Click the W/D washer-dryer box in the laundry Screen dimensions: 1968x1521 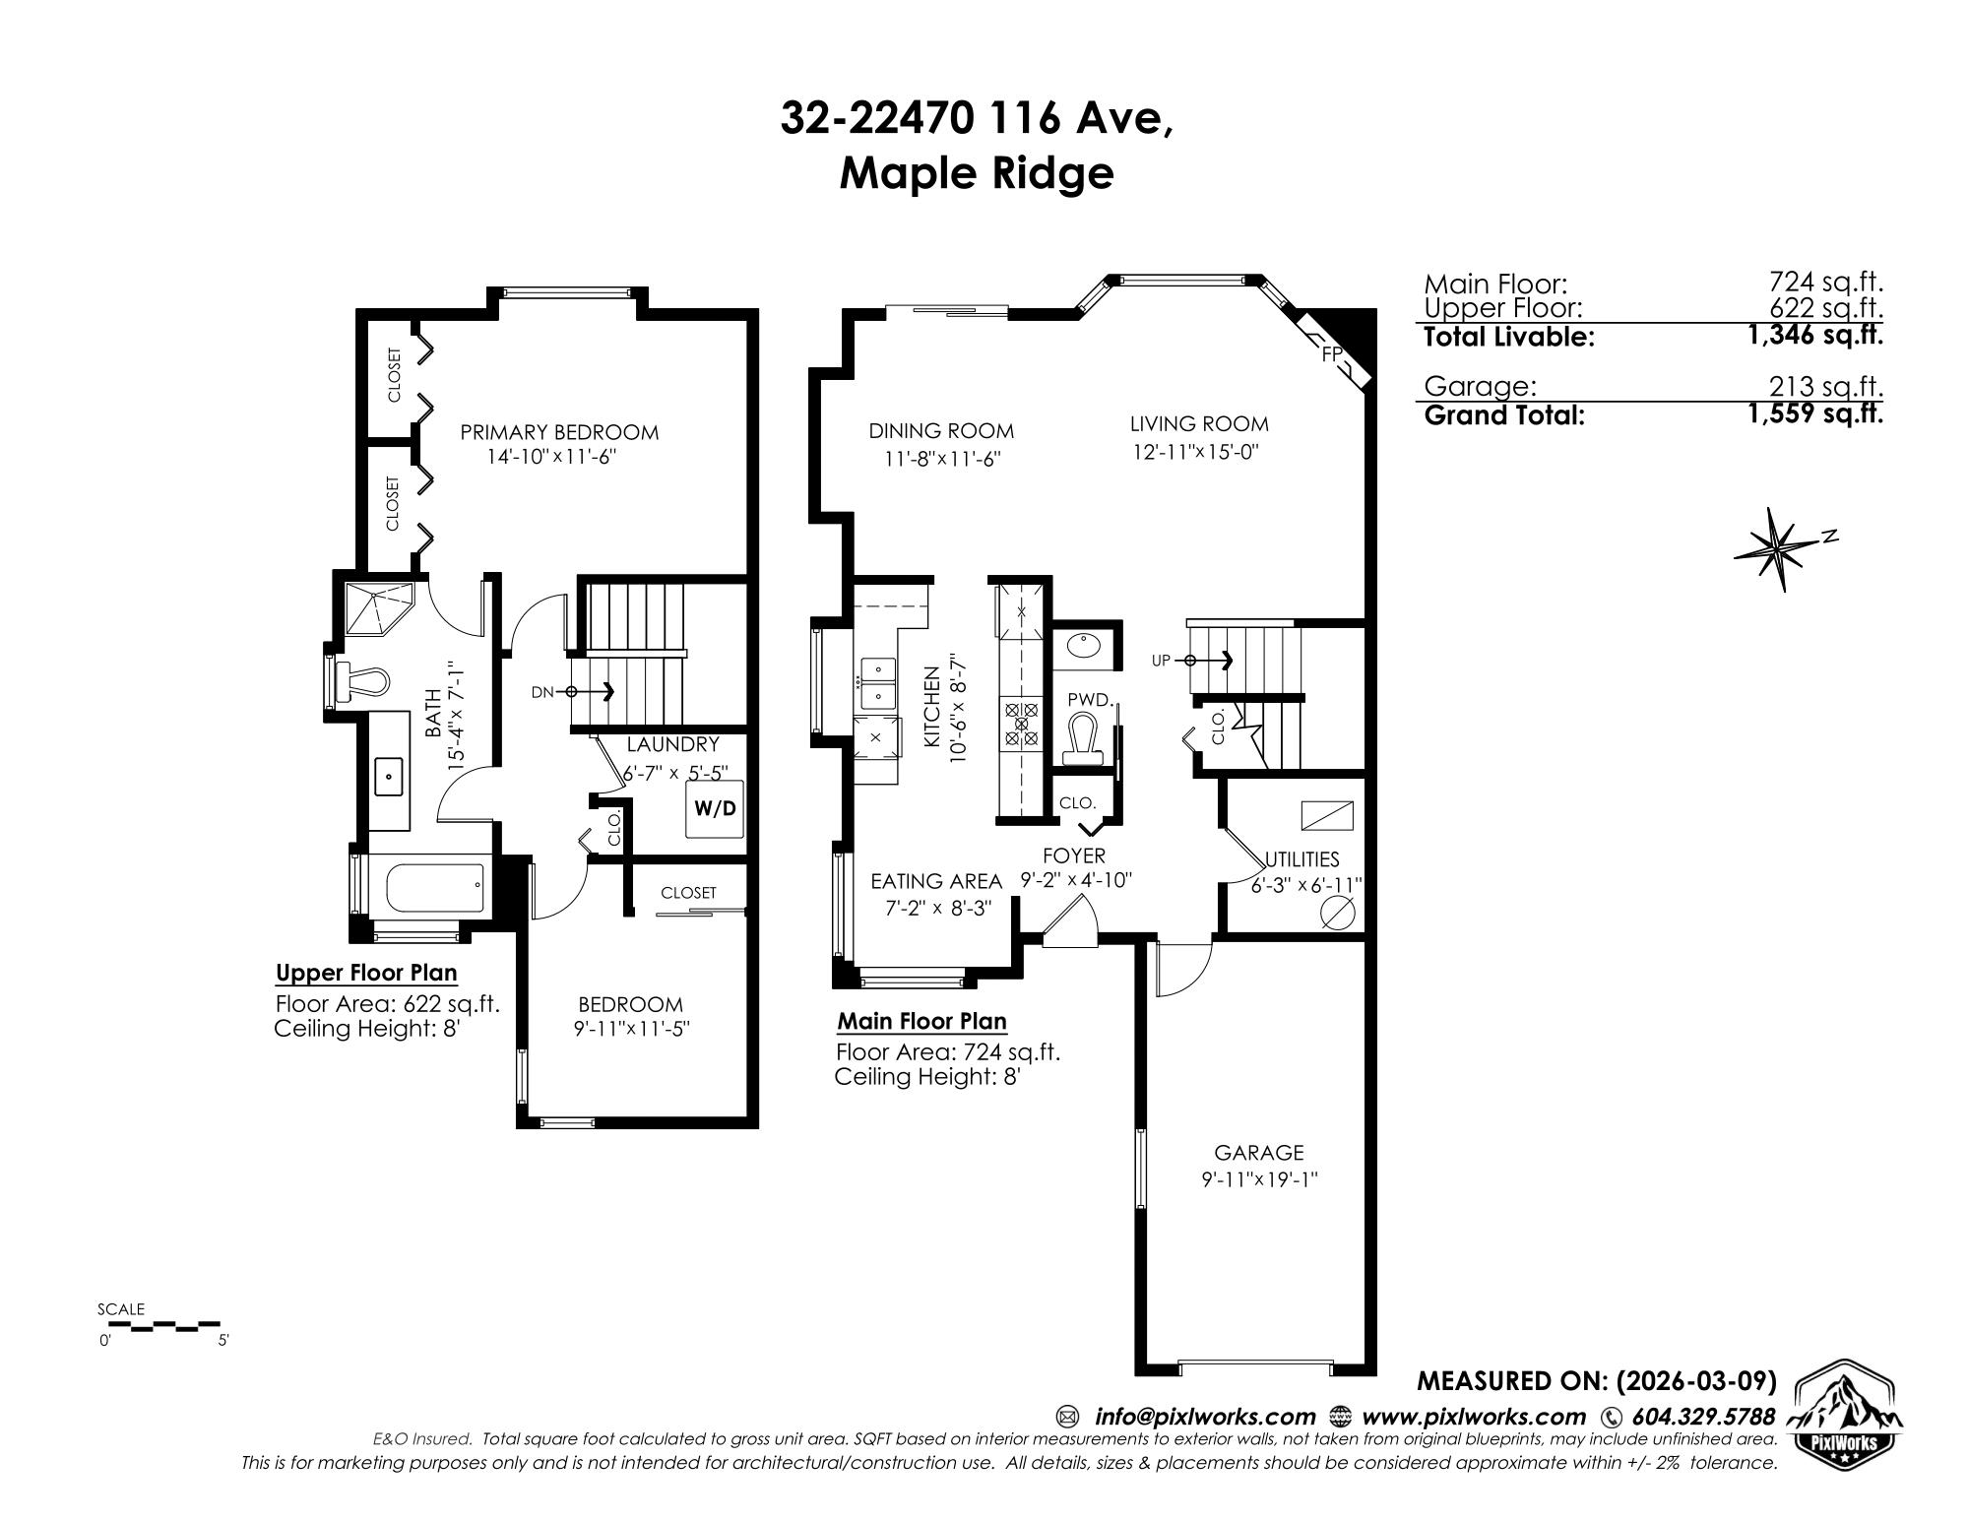(715, 808)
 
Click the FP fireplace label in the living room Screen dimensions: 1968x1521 (1330, 354)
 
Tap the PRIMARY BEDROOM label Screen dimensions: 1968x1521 (559, 432)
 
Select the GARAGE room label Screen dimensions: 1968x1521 (1258, 1152)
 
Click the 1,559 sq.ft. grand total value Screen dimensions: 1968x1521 (1814, 413)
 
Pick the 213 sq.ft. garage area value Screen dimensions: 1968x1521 (1826, 387)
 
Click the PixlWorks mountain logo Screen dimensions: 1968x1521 (1843, 1410)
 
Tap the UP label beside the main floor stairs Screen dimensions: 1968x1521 (1161, 661)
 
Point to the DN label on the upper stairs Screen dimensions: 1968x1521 (542, 692)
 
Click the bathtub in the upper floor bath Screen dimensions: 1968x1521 (435, 889)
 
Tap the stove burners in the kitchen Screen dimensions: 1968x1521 (1021, 725)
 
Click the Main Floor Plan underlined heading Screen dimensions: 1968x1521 (921, 1021)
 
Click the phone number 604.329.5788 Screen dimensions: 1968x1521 (1703, 1417)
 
